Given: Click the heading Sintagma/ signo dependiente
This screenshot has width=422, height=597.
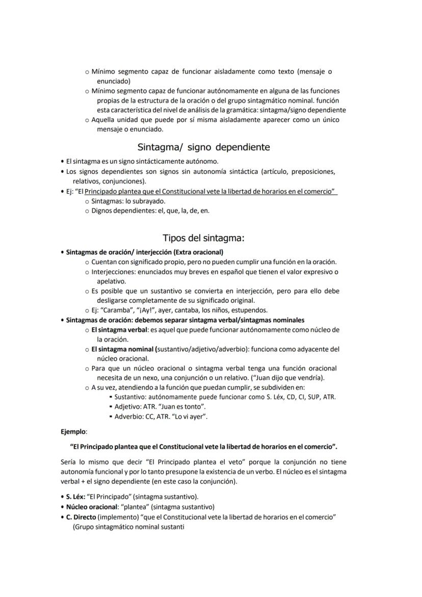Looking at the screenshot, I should click(203, 147).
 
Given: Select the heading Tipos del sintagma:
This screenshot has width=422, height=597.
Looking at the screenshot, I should click(203, 238).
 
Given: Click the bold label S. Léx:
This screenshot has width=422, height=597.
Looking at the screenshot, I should click(75, 497).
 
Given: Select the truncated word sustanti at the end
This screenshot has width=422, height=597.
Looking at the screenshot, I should click(173, 527).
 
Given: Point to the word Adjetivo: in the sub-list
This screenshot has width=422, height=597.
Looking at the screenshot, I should click(127, 406).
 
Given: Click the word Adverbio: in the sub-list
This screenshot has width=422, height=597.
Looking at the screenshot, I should click(128, 416).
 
